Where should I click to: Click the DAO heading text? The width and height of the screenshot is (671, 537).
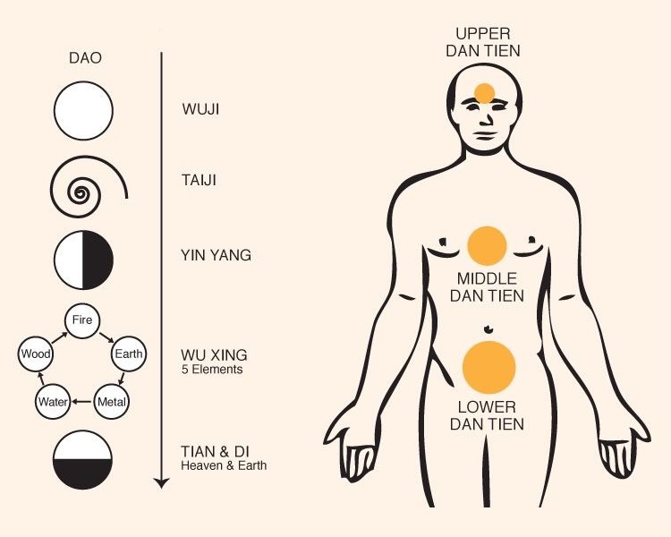84,59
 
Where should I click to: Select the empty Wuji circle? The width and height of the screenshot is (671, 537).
84,111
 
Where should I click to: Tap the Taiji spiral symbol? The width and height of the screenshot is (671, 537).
83,189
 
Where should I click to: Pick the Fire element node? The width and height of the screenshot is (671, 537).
82,320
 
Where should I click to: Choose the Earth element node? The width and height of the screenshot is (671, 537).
128,354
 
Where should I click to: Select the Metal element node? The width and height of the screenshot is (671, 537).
112,402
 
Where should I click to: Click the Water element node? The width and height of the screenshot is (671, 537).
53,402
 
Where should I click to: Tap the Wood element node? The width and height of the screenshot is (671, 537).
35,354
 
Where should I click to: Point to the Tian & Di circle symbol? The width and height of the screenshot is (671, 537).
82,460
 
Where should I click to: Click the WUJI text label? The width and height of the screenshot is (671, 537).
200,111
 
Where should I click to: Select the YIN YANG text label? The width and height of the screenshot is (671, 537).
216,255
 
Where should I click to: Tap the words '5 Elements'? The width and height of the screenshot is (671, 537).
212,369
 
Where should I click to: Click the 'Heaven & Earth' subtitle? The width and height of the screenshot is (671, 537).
224,465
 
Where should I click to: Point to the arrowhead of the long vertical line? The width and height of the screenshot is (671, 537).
161,482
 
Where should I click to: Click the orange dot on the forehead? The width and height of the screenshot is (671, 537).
485,92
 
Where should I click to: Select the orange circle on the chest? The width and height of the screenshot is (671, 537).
488,245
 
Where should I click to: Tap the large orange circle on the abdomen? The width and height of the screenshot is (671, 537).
489,369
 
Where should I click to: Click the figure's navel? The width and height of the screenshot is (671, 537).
489,329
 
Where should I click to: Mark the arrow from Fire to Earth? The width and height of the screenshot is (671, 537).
106,336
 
